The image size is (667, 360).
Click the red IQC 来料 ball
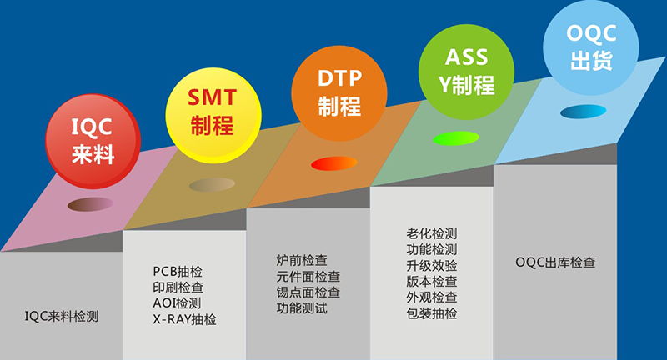coord(93,141)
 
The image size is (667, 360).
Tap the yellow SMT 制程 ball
coord(213,115)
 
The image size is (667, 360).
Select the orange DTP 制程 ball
coord(339,93)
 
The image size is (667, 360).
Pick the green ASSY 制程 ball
coord(466,72)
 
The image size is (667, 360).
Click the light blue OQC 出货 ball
coord(591,47)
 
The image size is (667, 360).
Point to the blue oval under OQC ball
coord(583,112)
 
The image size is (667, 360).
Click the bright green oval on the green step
coord(456,138)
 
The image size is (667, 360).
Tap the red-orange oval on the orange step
coord(334,163)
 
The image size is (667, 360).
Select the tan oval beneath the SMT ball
coord(212,184)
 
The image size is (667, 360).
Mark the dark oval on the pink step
coord(90,204)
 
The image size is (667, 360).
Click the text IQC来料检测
coord(61,316)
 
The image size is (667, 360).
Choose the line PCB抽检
coord(178,271)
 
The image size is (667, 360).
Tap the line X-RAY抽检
coord(184,319)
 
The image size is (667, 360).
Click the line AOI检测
coord(177,303)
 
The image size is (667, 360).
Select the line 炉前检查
coord(302,260)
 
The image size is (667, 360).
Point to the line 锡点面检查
coord(308,292)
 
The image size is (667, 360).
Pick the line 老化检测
coord(431,233)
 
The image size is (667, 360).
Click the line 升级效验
coord(431,266)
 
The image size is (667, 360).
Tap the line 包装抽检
coord(431,313)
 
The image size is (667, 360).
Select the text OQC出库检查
coord(555,262)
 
